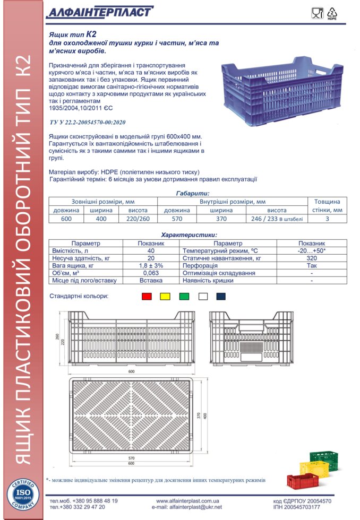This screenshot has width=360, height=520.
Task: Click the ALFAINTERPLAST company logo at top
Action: pos(99,12)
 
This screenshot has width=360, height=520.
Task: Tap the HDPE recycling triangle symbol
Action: pos(333,13)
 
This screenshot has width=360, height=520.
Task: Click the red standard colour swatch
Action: pos(147,297)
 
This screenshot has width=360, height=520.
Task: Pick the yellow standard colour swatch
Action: pos(166,297)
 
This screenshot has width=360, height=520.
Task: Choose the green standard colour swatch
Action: pos(184,297)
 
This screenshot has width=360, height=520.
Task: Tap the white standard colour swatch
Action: pos(203,297)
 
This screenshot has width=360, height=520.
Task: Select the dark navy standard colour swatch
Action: pos(221,297)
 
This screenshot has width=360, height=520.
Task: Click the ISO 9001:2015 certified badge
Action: pos(22,495)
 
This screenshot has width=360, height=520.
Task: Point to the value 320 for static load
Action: pos(311,258)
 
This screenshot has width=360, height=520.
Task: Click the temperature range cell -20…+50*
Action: pos(311,250)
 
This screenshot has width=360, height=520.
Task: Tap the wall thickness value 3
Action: pos(327,219)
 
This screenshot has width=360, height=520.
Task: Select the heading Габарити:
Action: pos(192,194)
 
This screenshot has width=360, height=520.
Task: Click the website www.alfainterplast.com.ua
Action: pos(187,500)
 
